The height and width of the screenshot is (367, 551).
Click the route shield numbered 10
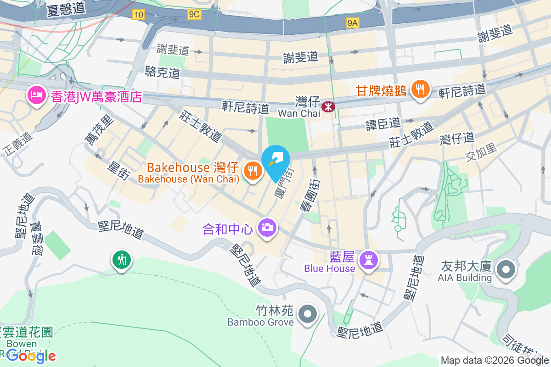(138, 15)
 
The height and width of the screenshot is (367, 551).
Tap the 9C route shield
(194, 14)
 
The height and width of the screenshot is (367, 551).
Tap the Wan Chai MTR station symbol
(328, 107)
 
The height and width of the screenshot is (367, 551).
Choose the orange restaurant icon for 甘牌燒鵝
(420, 89)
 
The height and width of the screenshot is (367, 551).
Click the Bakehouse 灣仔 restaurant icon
(253, 171)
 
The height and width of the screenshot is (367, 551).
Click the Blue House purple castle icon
(369, 260)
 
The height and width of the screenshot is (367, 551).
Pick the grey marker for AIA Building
(506, 268)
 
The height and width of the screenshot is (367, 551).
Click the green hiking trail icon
(122, 260)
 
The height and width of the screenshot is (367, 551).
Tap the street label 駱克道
(162, 72)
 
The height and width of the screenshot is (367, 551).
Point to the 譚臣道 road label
(383, 123)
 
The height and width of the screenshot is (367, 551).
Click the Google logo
(31, 356)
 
